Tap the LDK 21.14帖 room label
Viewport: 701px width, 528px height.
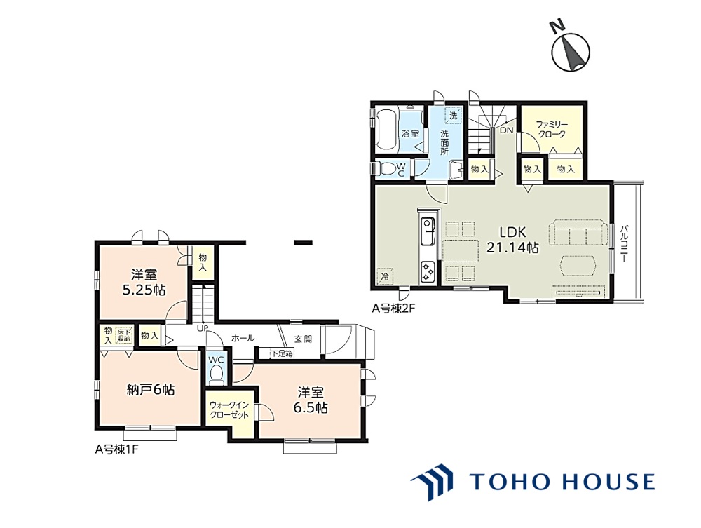[x=512, y=240]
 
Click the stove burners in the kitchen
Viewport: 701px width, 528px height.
[x=428, y=271]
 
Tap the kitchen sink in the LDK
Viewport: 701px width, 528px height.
[x=428, y=231]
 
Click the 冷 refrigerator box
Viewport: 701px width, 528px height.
[x=384, y=276]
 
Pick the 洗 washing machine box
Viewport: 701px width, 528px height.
[x=454, y=115]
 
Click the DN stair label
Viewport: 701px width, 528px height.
[x=507, y=130]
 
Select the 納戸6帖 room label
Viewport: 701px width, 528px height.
[x=151, y=390]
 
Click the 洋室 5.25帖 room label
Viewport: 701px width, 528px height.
[x=144, y=282]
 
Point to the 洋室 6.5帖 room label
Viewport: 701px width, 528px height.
[x=311, y=400]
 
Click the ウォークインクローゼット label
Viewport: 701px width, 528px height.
[x=229, y=410]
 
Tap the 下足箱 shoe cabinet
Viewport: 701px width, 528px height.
[x=282, y=353]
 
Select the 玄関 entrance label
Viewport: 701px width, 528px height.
[x=303, y=339]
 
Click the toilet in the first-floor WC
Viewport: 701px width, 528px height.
[x=217, y=374]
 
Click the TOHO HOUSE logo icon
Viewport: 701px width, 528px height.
[x=431, y=481]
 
